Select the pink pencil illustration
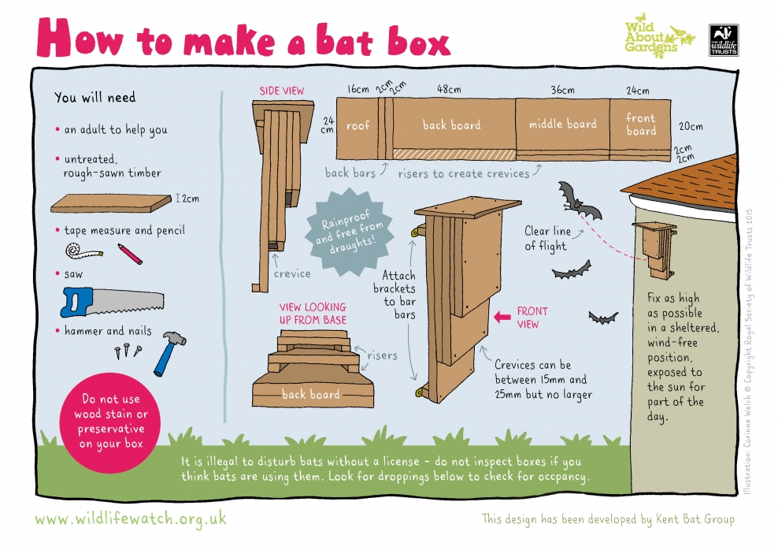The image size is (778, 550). (129, 253)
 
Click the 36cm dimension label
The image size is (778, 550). (562, 90)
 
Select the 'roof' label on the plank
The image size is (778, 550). (358, 125)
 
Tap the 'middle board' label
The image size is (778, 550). (562, 124)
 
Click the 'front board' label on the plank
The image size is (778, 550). (640, 124)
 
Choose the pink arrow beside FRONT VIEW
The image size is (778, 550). (502, 317)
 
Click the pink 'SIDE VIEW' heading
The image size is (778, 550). (282, 91)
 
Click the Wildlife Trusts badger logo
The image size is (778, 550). (723, 38)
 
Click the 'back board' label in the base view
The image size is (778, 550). (311, 394)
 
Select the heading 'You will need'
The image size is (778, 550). (94, 98)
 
